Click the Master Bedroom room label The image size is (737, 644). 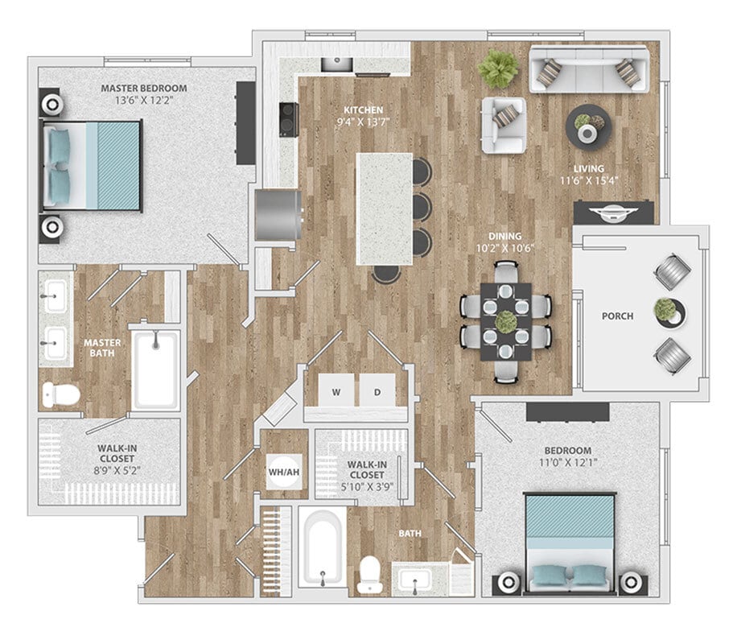(x=144, y=88)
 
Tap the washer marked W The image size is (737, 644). (x=334, y=392)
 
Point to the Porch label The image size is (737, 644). (x=618, y=316)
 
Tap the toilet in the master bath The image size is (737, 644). (x=60, y=394)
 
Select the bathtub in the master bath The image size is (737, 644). (x=156, y=369)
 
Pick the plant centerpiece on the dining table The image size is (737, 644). (x=505, y=321)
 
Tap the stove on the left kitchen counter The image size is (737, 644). (x=286, y=120)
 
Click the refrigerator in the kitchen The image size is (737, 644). (x=278, y=214)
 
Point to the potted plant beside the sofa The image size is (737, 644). (x=496, y=68)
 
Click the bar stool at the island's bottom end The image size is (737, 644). (x=386, y=275)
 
